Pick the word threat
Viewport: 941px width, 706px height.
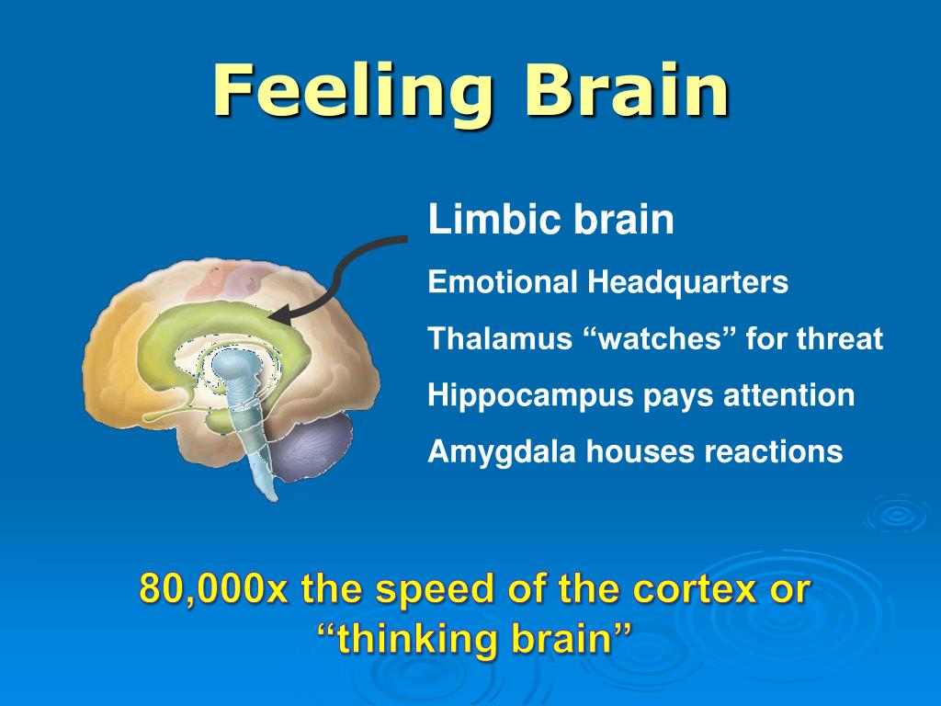[839, 339]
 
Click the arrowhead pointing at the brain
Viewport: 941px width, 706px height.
[281, 316]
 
